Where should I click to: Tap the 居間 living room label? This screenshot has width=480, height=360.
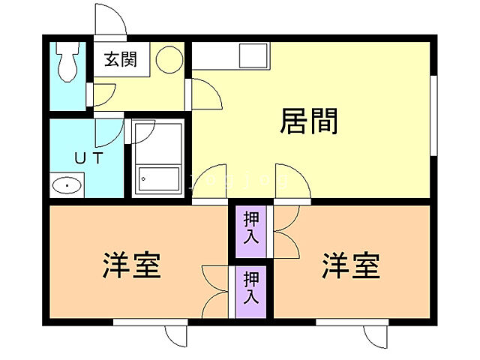coord(308,120)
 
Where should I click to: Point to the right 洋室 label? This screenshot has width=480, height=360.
coord(351,265)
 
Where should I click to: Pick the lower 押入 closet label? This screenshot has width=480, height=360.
coord(251,288)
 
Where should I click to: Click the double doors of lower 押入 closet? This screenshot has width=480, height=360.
coord(216,289)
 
